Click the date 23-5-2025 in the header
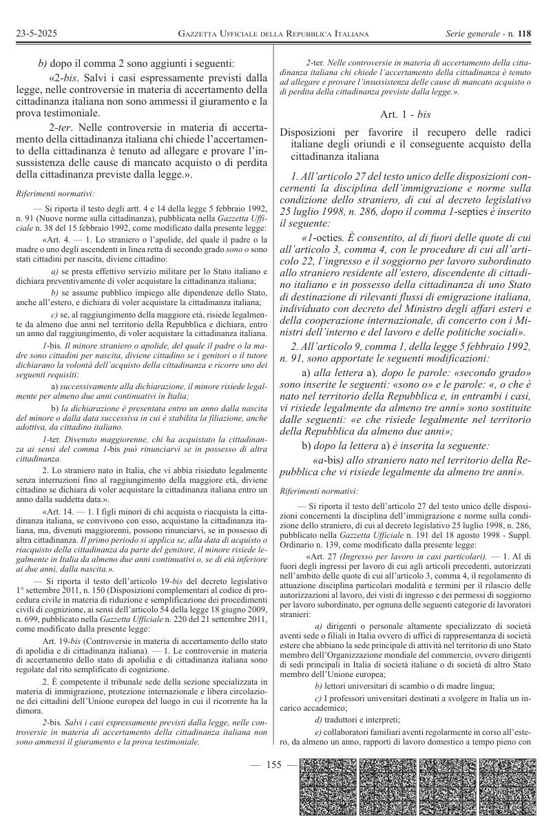35,33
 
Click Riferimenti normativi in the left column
55,194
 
